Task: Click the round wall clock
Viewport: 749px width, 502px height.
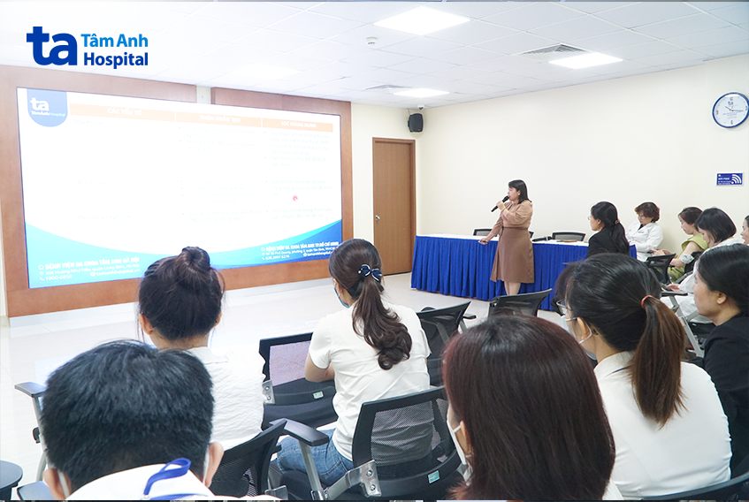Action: pyautogui.click(x=730, y=110)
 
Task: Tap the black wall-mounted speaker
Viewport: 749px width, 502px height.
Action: pyautogui.click(x=415, y=122)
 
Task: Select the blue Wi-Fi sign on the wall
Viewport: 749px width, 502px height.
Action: pyautogui.click(x=729, y=179)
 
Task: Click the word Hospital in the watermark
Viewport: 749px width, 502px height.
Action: pyautogui.click(x=115, y=59)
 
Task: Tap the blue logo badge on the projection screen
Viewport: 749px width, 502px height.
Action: pyautogui.click(x=47, y=106)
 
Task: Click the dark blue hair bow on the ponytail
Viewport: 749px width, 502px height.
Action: pyautogui.click(x=370, y=273)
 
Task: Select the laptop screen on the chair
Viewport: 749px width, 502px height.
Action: pyautogui.click(x=289, y=361)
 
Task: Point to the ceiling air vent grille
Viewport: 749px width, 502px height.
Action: pyautogui.click(x=552, y=50)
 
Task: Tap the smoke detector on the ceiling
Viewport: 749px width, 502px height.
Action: pyautogui.click(x=371, y=41)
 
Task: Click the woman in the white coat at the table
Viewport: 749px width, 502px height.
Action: pyautogui.click(x=646, y=231)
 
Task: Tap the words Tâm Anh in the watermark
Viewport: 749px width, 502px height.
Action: pyautogui.click(x=115, y=39)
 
